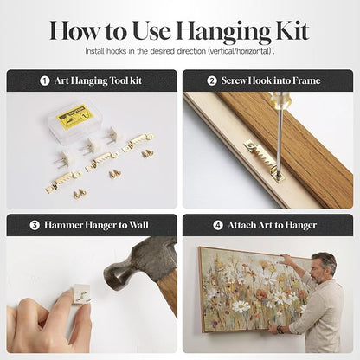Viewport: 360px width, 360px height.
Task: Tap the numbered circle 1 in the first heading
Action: (x=44, y=80)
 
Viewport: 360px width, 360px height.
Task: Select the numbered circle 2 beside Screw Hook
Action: (x=212, y=80)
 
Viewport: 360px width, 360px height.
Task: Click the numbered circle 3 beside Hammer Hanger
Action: (x=35, y=225)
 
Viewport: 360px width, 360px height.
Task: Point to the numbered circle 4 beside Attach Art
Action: (x=218, y=225)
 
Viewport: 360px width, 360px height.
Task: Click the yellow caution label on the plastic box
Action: (x=74, y=116)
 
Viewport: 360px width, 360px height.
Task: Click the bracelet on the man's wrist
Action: (x=279, y=330)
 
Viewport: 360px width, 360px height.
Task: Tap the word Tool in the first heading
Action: (x=114, y=80)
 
